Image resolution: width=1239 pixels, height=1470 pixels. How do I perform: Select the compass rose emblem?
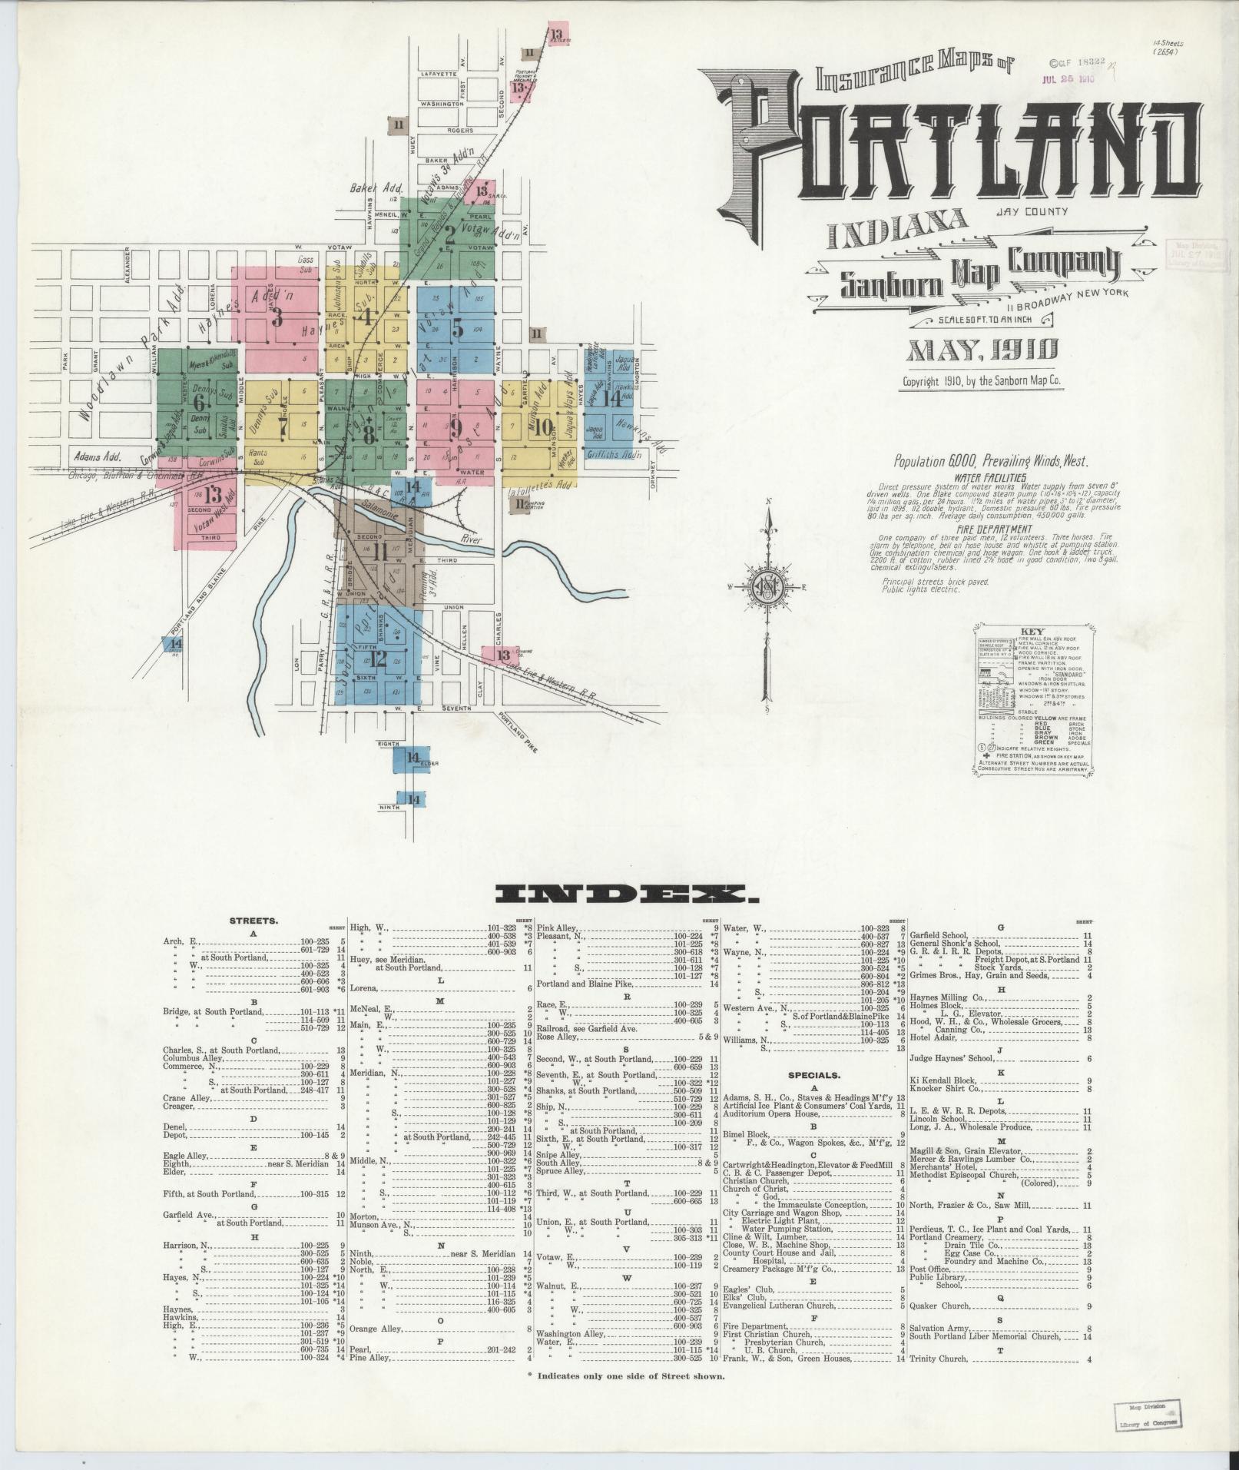(x=766, y=589)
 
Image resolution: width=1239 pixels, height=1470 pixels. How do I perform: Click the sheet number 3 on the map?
(x=277, y=317)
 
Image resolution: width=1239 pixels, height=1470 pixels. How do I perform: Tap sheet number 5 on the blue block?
(x=458, y=328)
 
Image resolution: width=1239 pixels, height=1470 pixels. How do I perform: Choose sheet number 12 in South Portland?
(x=379, y=658)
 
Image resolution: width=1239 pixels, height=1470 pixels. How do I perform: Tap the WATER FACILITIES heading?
(x=990, y=477)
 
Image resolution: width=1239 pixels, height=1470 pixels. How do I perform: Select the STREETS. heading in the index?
(x=253, y=920)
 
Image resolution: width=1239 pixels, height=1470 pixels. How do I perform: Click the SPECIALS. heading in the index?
(x=813, y=1075)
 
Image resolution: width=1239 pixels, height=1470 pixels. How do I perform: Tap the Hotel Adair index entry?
(x=934, y=1037)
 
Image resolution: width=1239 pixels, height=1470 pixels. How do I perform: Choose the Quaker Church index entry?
(x=940, y=1306)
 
